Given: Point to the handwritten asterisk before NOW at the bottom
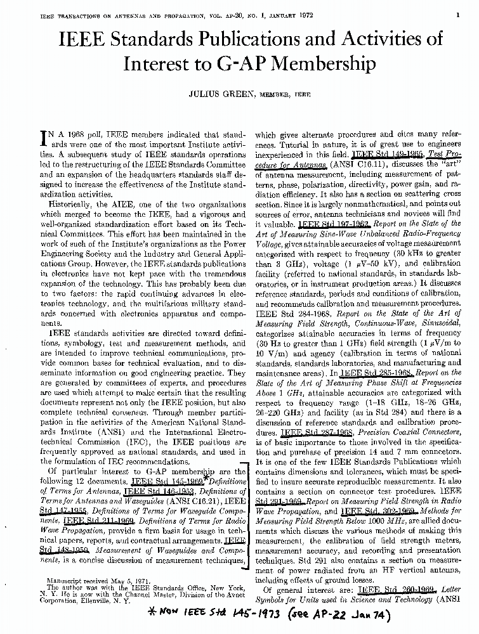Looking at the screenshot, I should (136, 616).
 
